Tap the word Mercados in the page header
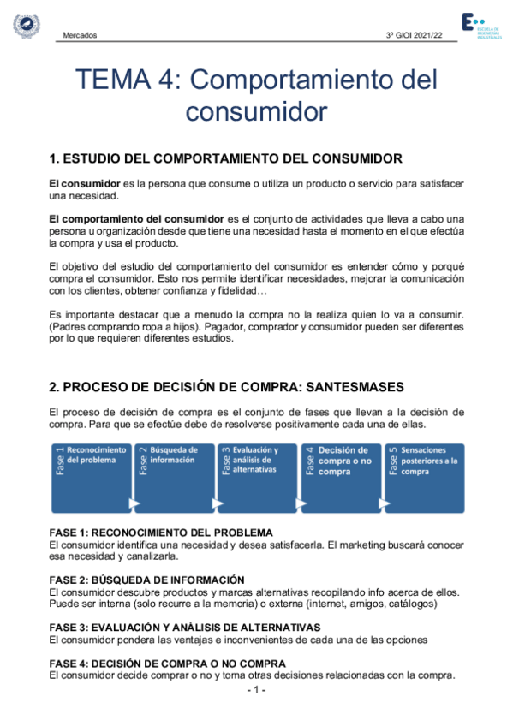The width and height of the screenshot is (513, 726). point(80,35)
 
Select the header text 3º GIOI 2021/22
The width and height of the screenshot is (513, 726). point(415,35)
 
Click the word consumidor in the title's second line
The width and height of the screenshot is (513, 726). point(256,111)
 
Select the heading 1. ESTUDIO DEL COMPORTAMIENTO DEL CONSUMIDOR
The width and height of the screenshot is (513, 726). point(226,159)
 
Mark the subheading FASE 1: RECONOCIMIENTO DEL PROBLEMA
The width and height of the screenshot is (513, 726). point(161,533)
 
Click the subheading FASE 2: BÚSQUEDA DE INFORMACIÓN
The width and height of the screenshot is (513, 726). point(146,580)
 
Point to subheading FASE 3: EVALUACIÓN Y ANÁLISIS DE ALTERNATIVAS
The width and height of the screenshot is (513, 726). point(184,627)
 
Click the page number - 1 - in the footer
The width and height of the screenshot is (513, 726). point(256,690)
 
